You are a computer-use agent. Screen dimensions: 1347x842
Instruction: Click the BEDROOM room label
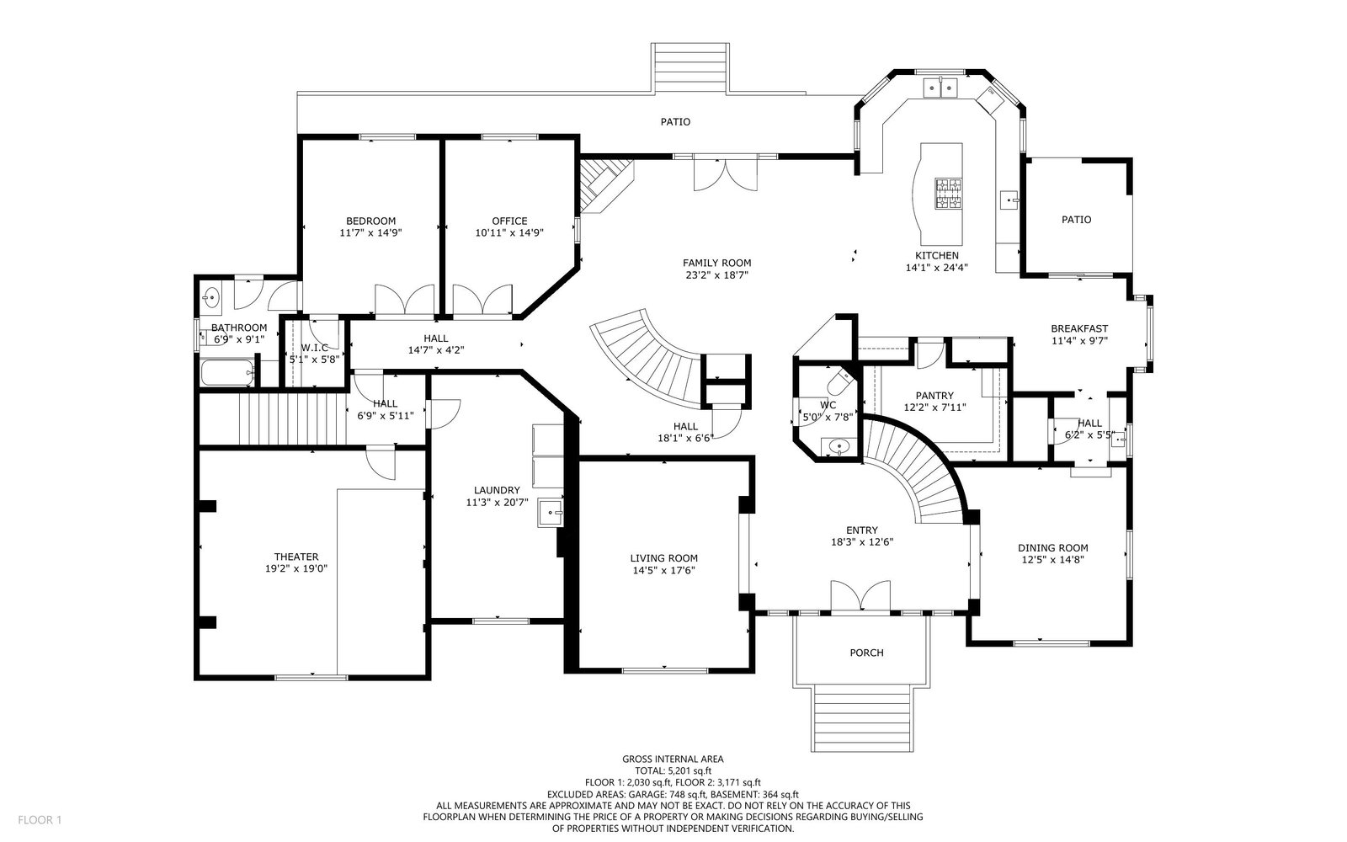[370, 221]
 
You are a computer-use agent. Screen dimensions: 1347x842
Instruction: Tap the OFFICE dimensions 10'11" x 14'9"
[509, 232]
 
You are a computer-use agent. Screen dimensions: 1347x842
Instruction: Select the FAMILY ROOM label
[716, 263]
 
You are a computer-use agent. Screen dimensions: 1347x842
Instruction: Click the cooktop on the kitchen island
[948, 194]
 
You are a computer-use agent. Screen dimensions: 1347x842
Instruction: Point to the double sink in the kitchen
[940, 88]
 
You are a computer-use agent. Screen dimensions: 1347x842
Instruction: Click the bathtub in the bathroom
[227, 373]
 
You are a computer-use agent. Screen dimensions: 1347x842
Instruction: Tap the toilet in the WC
[841, 380]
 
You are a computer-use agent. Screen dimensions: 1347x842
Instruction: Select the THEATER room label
[295, 557]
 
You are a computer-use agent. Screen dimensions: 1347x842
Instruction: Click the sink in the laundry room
[551, 513]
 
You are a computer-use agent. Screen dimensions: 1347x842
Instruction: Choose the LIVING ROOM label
[664, 558]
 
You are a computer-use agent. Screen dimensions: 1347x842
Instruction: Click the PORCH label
[866, 653]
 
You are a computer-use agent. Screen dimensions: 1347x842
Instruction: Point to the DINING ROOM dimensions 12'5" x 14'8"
[1053, 560]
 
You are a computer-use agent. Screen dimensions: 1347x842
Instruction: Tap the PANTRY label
[934, 396]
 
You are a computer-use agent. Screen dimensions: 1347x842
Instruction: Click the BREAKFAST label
[1078, 329]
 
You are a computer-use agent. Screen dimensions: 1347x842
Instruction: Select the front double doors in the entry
[860, 595]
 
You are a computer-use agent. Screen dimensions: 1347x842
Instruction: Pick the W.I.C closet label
[315, 348]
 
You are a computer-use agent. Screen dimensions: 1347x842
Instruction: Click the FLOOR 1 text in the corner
[40, 820]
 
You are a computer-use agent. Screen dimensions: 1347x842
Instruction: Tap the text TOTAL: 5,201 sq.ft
[673, 771]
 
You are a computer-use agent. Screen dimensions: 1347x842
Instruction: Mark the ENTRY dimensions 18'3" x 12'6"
[862, 542]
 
